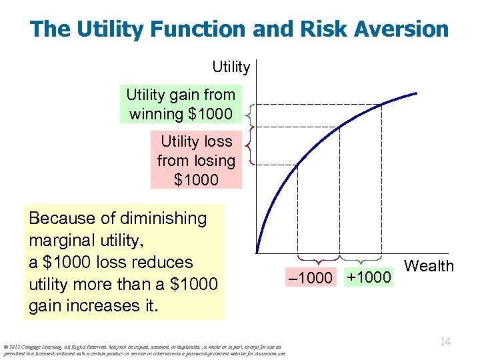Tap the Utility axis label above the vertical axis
(x=231, y=67)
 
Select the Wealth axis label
(x=429, y=266)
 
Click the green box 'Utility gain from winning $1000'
(x=181, y=105)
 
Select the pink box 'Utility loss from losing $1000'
(x=196, y=160)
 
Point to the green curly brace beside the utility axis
(x=248, y=115)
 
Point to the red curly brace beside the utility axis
(x=248, y=145)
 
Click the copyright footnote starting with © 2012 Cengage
(x=143, y=350)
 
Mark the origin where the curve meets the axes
(x=257, y=253)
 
